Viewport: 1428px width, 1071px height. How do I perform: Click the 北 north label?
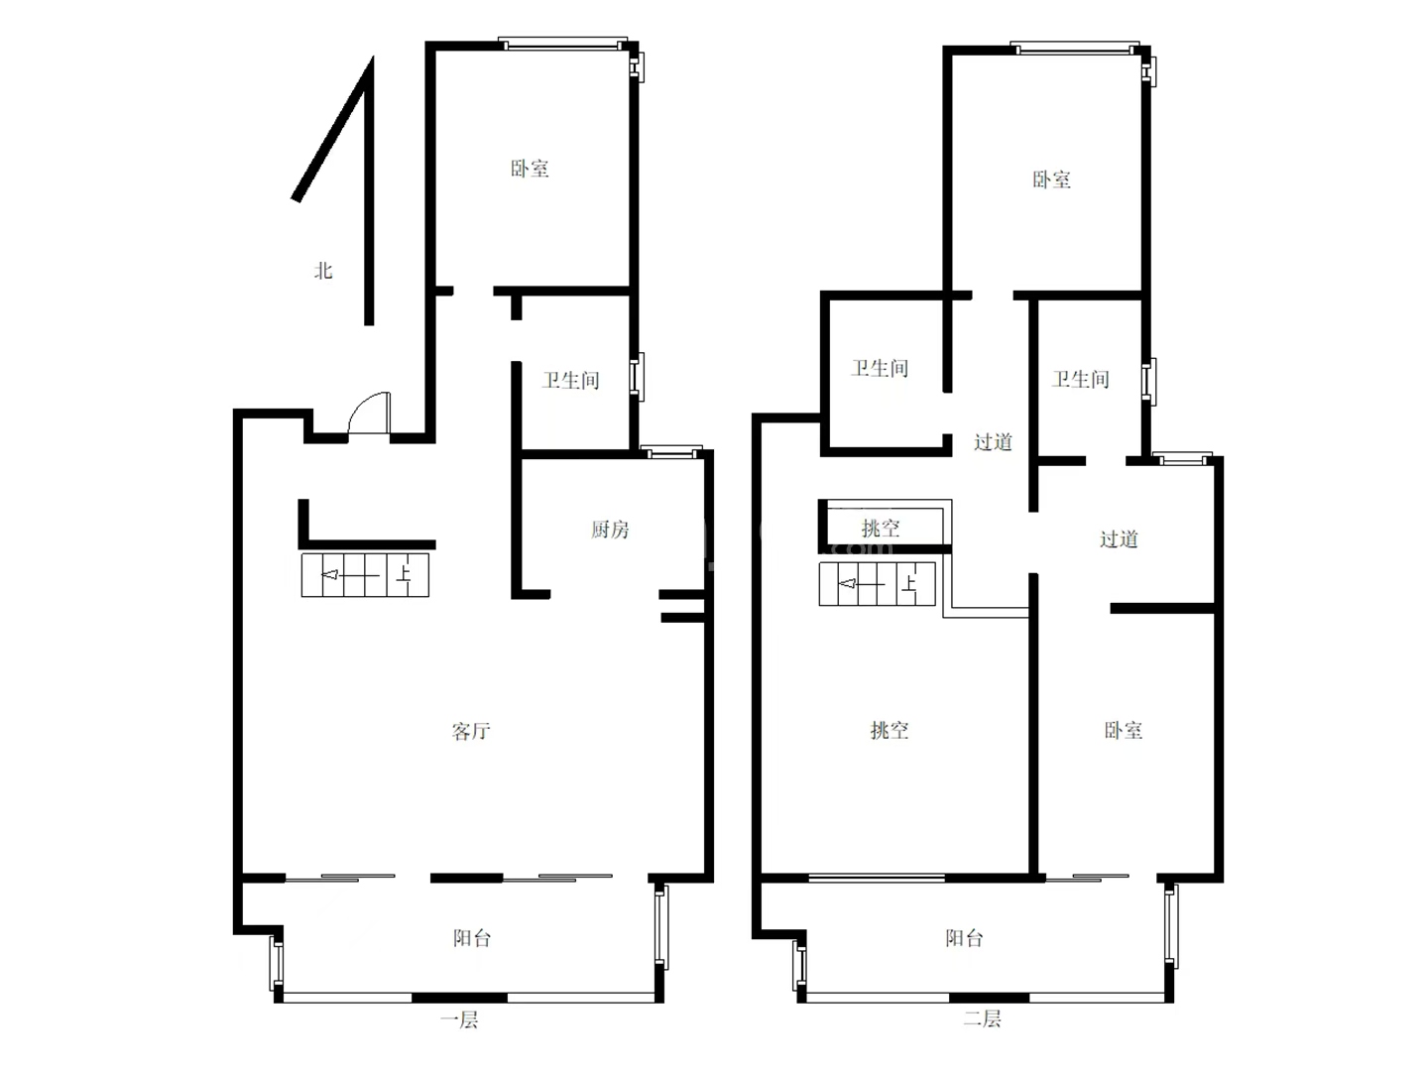click(x=323, y=271)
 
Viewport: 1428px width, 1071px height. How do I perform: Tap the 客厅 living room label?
click(x=471, y=732)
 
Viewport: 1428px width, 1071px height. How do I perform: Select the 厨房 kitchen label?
click(x=610, y=530)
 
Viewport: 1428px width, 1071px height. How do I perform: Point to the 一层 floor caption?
click(x=459, y=1019)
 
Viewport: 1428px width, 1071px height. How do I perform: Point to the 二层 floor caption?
click(x=983, y=1017)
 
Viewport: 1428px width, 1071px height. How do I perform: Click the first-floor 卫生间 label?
click(x=570, y=380)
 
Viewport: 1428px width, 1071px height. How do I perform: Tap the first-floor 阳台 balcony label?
click(x=472, y=938)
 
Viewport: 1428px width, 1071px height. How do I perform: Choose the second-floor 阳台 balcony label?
click(x=964, y=938)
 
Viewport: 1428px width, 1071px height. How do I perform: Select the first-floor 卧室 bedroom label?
click(x=530, y=169)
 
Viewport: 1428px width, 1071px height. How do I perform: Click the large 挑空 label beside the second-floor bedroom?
click(x=890, y=730)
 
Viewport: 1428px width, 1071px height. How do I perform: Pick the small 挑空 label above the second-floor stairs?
click(x=881, y=528)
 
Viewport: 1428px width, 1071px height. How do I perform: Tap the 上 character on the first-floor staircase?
click(x=404, y=575)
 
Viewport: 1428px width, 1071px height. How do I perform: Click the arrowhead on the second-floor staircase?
click(x=847, y=584)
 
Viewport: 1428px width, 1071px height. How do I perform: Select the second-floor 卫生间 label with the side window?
click(x=1081, y=379)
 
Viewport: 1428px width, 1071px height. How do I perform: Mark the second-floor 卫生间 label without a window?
click(x=880, y=368)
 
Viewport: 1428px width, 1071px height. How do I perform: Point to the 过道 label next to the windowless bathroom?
click(x=993, y=442)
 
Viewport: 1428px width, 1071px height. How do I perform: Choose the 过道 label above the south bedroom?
click(x=1119, y=539)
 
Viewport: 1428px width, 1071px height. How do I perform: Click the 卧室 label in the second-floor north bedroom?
click(x=1052, y=179)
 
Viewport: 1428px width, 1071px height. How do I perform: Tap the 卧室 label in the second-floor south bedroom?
click(x=1124, y=730)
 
